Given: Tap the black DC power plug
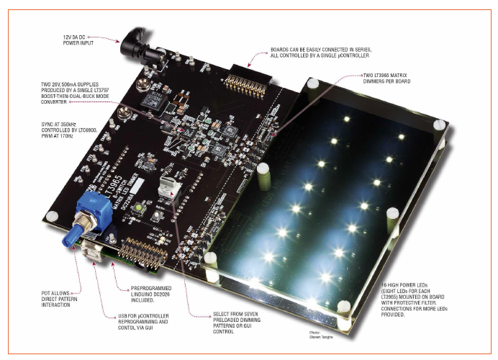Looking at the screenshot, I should [x=133, y=46].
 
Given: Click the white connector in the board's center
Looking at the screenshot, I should [x=168, y=189].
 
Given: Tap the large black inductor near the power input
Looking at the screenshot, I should [x=153, y=100].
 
